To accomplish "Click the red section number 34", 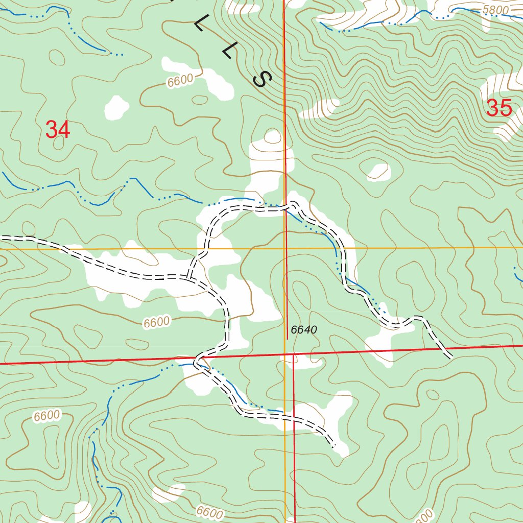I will [x=58, y=130].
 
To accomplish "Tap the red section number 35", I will [x=498, y=108].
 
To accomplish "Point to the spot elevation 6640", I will [x=304, y=330].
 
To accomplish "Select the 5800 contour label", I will [x=495, y=10].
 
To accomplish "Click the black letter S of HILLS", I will [x=263, y=79].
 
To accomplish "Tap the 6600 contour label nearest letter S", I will [x=180, y=81].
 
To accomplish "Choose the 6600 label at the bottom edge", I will [x=209, y=512].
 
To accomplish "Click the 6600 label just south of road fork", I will [x=156, y=322].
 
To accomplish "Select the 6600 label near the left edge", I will [x=47, y=416].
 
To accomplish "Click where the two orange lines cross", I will [x=284, y=248].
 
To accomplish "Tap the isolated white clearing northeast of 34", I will [x=116, y=107].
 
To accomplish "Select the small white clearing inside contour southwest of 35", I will [x=379, y=172].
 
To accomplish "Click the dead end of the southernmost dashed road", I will [x=335, y=447].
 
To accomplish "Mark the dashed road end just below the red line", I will [x=449, y=356].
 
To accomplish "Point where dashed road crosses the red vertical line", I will [x=285, y=206].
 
